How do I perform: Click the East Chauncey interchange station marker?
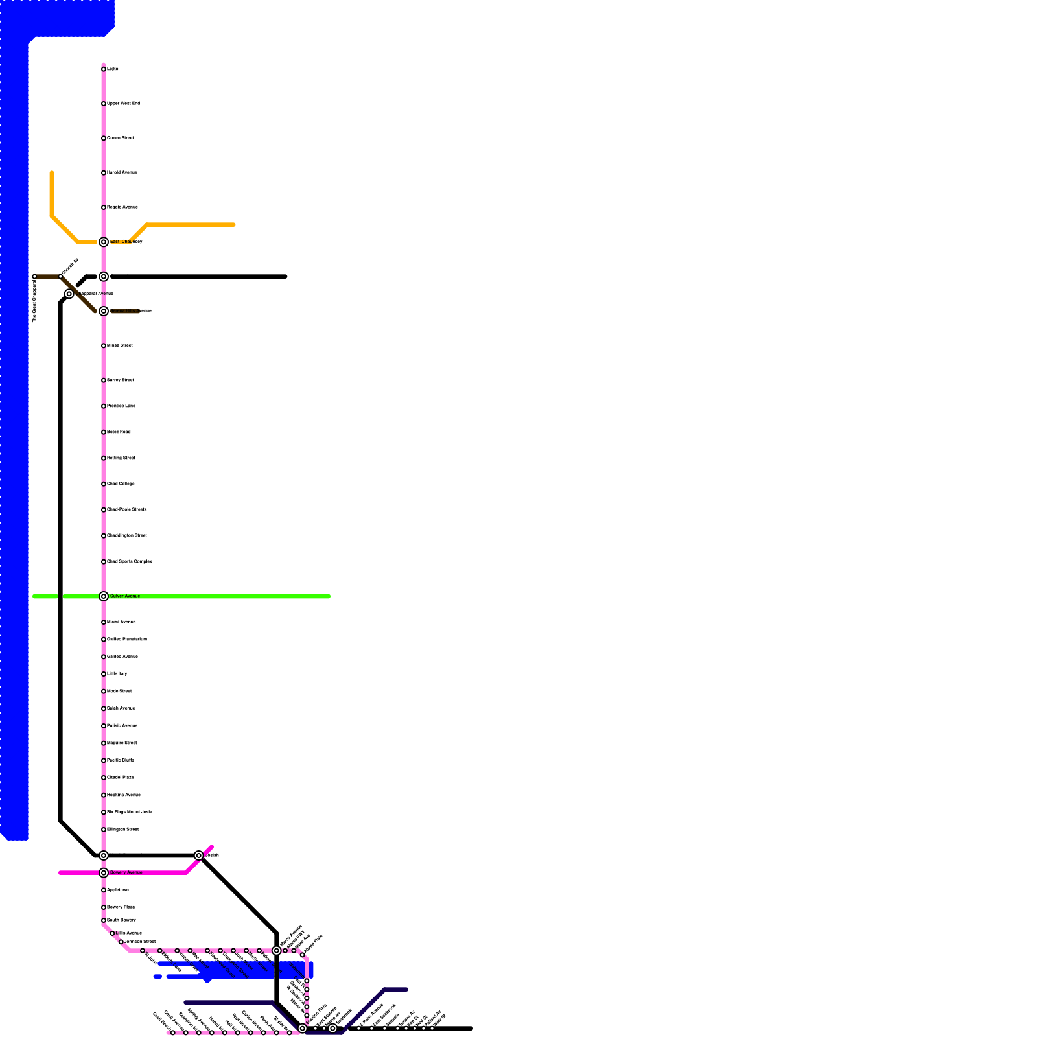pyautogui.click(x=104, y=242)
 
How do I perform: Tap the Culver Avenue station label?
pyautogui.click(x=125, y=596)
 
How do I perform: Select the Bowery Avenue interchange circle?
pyautogui.click(x=104, y=873)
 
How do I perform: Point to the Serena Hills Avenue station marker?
pyautogui.click(x=104, y=311)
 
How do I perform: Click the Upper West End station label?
pyautogui.click(x=123, y=104)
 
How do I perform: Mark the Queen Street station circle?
pyautogui.click(x=104, y=138)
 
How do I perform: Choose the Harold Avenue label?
pyautogui.click(x=122, y=173)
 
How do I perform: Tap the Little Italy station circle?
pyautogui.click(x=104, y=674)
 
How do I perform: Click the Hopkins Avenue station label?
pyautogui.click(x=124, y=795)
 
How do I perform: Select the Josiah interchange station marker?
pyautogui.click(x=199, y=856)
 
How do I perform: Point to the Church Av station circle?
pyautogui.click(x=60, y=277)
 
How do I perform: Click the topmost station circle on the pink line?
pyautogui.click(x=104, y=69)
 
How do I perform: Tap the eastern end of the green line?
pyautogui.click(x=329, y=596)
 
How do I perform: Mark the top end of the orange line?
pyautogui.click(x=52, y=174)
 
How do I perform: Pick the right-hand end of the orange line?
pyautogui.click(x=233, y=225)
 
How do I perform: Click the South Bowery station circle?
pyautogui.click(x=104, y=920)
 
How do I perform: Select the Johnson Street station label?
pyautogui.click(x=140, y=942)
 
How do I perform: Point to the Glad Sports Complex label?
pyautogui.click(x=130, y=562)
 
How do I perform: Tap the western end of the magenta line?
pyautogui.click(x=60, y=873)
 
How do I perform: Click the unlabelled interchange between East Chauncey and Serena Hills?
pyautogui.click(x=104, y=277)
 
